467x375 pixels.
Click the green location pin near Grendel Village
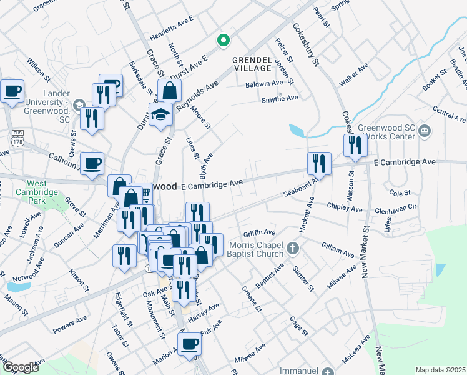(x=222, y=41)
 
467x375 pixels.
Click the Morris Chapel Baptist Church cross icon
(x=291, y=249)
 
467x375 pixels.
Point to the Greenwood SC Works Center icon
(x=424, y=130)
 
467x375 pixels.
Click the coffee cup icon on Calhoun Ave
(x=92, y=164)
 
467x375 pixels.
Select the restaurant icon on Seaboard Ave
(x=319, y=164)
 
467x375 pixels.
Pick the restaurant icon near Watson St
(x=355, y=145)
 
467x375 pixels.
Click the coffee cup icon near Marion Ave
(x=189, y=344)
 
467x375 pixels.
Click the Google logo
(x=20, y=367)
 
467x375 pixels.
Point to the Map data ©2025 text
(x=440, y=369)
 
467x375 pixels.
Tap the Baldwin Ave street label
(x=264, y=83)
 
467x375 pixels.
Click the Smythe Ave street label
(x=279, y=98)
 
